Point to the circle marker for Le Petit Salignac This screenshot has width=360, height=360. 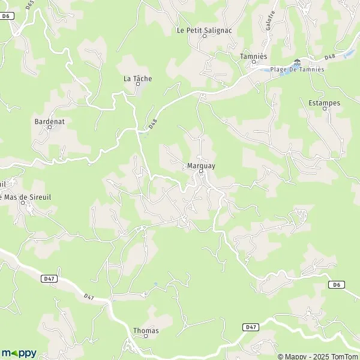(204, 36)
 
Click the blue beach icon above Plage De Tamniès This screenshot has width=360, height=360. (297, 62)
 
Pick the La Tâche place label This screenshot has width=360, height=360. (137, 79)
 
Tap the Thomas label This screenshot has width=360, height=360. (146, 331)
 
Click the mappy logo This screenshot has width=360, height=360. (19, 353)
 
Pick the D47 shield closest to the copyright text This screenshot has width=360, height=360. (252, 326)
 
